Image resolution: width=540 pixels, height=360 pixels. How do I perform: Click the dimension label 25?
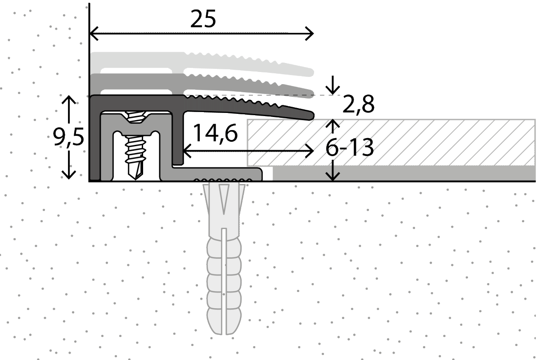(x=203, y=19)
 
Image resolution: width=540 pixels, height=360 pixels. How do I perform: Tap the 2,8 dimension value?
(x=358, y=105)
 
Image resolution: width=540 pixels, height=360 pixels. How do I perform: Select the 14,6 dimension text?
(x=215, y=133)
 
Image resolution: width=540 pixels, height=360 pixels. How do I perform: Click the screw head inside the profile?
(x=134, y=118)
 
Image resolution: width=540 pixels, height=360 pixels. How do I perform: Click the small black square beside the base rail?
(x=267, y=174)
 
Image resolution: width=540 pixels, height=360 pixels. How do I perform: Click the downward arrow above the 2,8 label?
(x=333, y=88)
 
